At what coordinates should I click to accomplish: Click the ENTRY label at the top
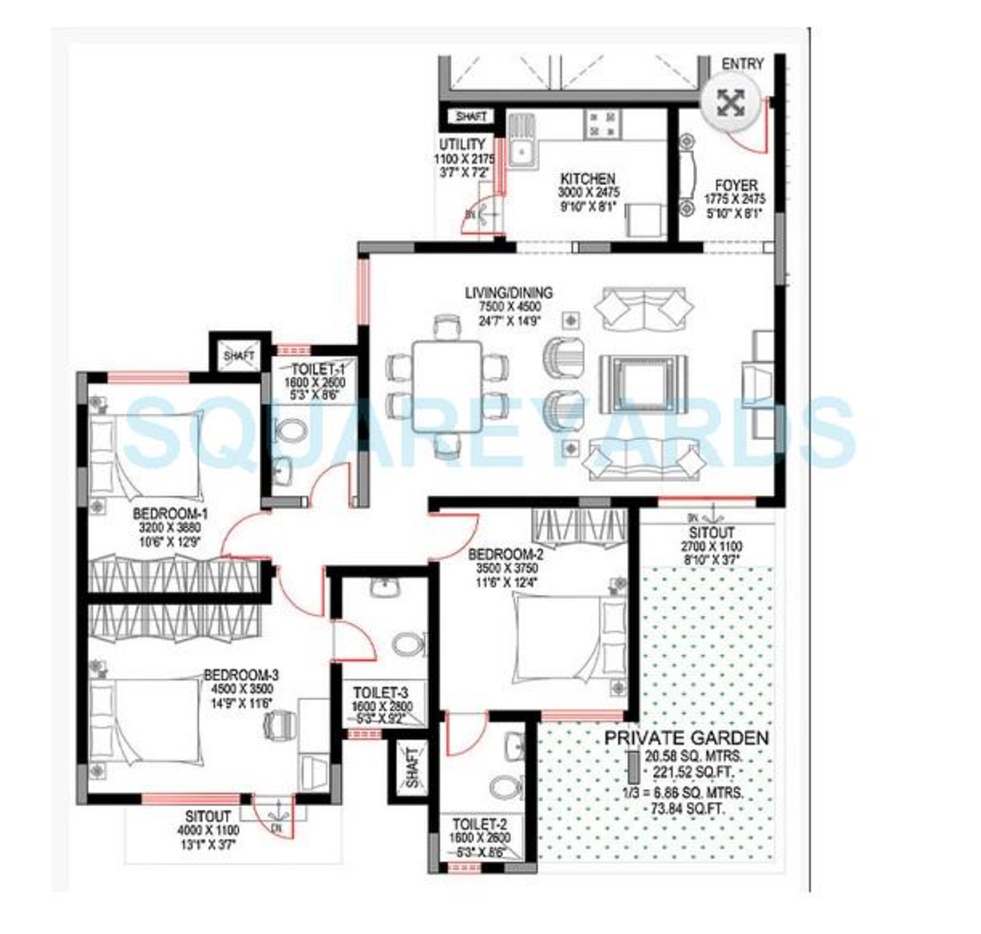coord(742,64)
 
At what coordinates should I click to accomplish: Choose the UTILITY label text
coord(461,144)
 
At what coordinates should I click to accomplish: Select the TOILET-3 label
coord(381,692)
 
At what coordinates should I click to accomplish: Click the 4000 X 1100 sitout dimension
coord(208,830)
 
